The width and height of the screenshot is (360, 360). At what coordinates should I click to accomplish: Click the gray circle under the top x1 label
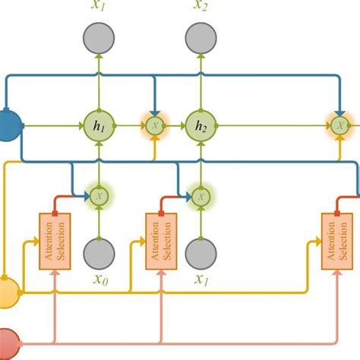point(99,38)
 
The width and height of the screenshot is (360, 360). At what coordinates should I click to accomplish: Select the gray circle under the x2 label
point(201,38)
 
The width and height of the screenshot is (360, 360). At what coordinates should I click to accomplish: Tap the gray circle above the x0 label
point(99,252)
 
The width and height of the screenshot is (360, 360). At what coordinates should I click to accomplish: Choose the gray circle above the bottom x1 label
point(201,252)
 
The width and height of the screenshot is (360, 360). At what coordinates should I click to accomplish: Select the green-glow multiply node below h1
point(99,196)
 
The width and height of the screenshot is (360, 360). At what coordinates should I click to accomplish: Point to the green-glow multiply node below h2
point(201,196)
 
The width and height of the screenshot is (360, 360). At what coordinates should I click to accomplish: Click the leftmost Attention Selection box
point(54,241)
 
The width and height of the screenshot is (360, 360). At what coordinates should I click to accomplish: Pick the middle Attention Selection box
point(160,241)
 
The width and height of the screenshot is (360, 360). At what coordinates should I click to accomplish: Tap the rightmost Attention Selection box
point(336,241)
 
